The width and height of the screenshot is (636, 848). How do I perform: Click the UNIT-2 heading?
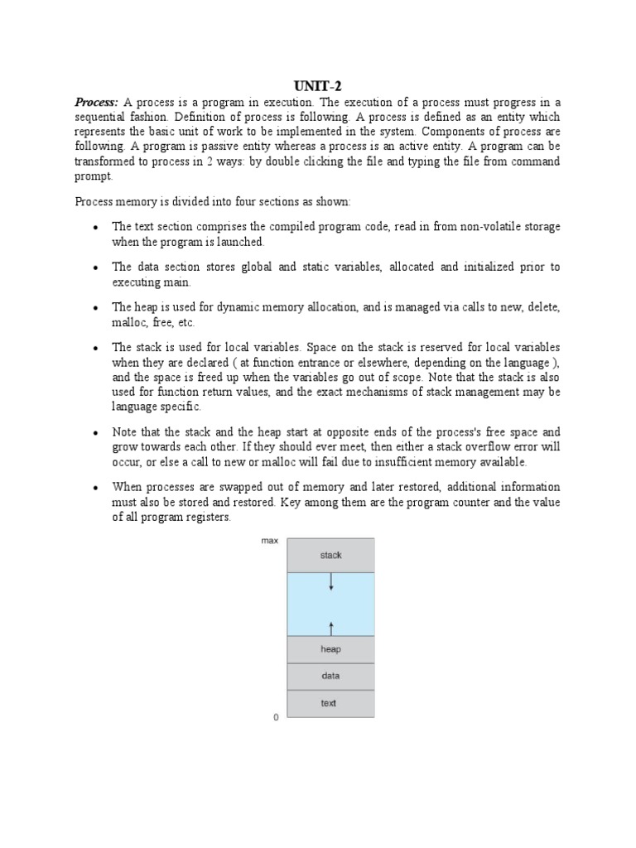pyautogui.click(x=318, y=84)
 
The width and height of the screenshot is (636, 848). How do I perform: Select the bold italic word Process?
pyautogui.click(x=97, y=102)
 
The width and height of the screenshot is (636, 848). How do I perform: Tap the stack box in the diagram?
pyautogui.click(x=330, y=556)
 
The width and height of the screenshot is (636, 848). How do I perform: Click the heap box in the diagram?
pyautogui.click(x=330, y=649)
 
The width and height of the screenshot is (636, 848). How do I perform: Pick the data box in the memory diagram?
pyautogui.click(x=330, y=676)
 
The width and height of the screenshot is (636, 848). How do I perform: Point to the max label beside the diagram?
pyautogui.click(x=269, y=541)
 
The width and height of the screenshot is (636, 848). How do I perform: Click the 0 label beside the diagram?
pyautogui.click(x=276, y=718)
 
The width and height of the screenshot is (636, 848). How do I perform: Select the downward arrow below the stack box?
pyautogui.click(x=331, y=583)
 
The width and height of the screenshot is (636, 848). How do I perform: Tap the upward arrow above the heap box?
pyautogui.click(x=331, y=626)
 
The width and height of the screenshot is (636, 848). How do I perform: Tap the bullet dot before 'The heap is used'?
pyautogui.click(x=97, y=308)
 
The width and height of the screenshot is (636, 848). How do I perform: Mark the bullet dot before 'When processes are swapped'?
pyautogui.click(x=97, y=488)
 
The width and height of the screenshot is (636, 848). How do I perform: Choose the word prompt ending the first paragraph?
pyautogui.click(x=93, y=176)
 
